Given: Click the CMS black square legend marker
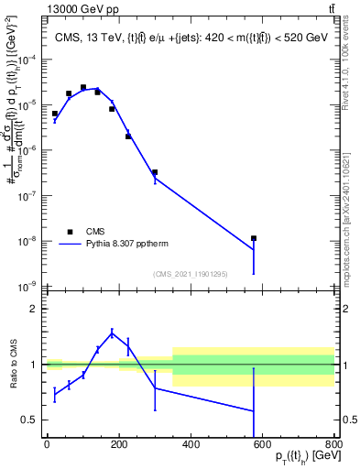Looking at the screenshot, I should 70,232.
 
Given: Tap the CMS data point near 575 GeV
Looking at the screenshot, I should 254,238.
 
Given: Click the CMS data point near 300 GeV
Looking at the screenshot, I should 155,172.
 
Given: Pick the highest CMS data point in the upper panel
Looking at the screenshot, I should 83,88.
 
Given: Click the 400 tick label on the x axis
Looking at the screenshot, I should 191,444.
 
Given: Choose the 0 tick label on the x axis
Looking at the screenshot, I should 47,444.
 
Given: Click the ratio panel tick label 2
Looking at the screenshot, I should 34,310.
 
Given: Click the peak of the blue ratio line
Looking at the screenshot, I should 112,333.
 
